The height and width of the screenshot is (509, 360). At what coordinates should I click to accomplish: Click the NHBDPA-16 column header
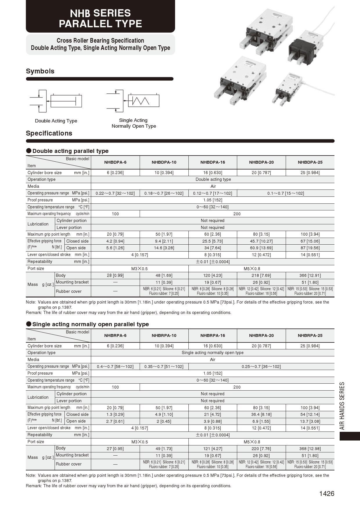point(213,162)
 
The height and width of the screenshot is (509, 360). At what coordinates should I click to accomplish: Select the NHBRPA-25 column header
point(310,335)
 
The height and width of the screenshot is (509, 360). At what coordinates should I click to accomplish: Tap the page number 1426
point(327,494)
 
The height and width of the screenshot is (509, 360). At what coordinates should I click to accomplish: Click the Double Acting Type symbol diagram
point(56,101)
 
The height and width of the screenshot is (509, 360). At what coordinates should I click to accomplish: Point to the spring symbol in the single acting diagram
point(141,101)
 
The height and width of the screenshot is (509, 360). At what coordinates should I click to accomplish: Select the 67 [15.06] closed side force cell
point(310,241)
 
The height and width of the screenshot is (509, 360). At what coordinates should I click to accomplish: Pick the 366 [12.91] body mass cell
point(310,275)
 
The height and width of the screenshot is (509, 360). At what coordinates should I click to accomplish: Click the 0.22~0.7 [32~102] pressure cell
point(115,193)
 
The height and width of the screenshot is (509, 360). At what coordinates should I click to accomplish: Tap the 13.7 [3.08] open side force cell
point(310,421)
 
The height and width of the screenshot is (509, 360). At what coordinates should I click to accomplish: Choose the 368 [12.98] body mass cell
point(310,449)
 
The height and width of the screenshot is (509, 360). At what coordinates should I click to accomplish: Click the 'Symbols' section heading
point(40,71)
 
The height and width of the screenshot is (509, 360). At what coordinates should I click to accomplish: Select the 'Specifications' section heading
point(49,133)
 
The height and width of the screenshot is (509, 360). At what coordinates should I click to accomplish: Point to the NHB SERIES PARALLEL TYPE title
point(100,18)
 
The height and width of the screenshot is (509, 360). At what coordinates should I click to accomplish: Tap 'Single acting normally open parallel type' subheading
point(91,324)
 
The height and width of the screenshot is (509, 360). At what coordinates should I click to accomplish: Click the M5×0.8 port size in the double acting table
point(252,269)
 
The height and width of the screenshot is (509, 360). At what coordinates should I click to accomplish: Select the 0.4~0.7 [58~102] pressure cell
point(115,367)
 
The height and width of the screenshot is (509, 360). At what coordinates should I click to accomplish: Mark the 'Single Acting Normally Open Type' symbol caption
point(134,123)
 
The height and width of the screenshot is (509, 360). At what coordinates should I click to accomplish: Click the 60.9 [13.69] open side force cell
point(261,248)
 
